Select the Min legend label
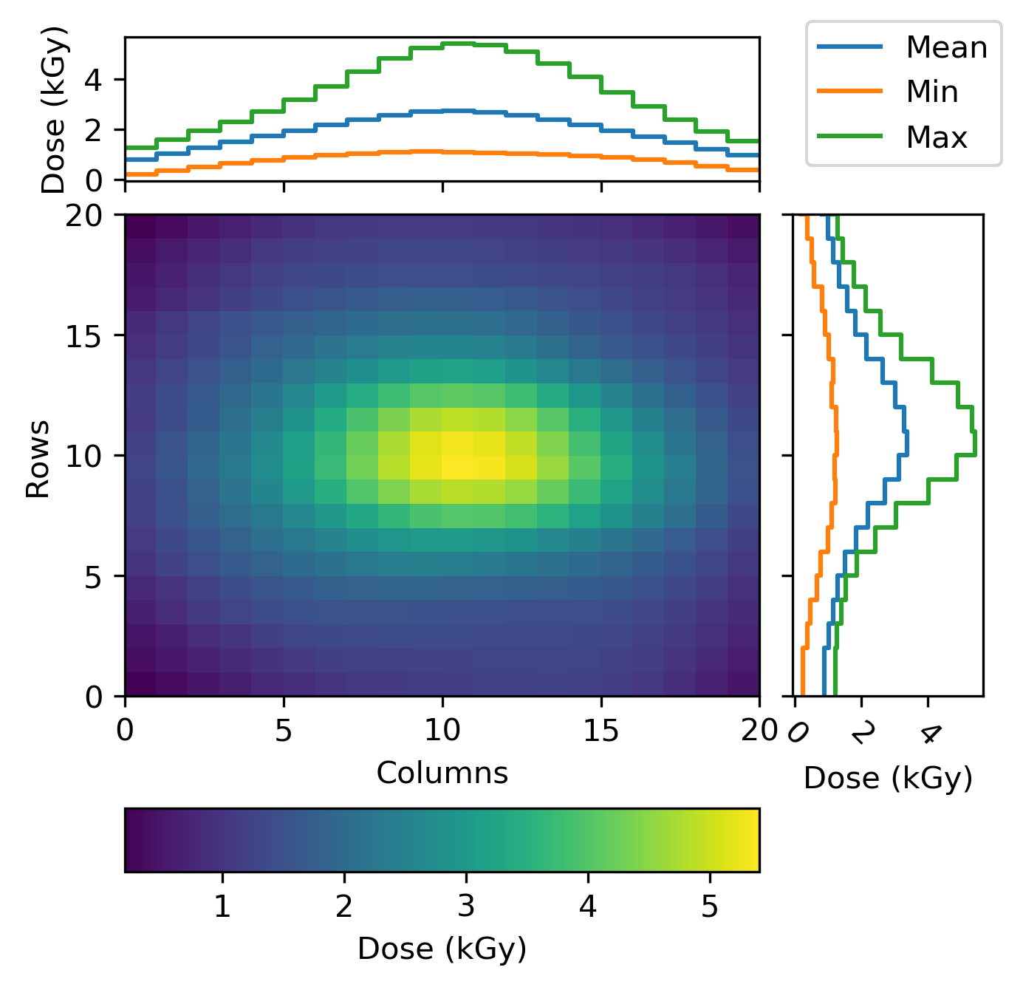932,92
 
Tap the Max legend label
937,137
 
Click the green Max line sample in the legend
849,136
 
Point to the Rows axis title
38,459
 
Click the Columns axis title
442,773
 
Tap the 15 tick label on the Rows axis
83,335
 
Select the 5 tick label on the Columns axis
284,731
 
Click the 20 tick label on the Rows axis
83,216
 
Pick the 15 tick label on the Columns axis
601,731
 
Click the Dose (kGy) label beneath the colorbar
442,949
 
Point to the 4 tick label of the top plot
93,81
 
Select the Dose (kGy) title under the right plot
888,778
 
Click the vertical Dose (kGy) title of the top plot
54,109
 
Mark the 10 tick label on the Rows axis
83,456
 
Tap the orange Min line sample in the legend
849,91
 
